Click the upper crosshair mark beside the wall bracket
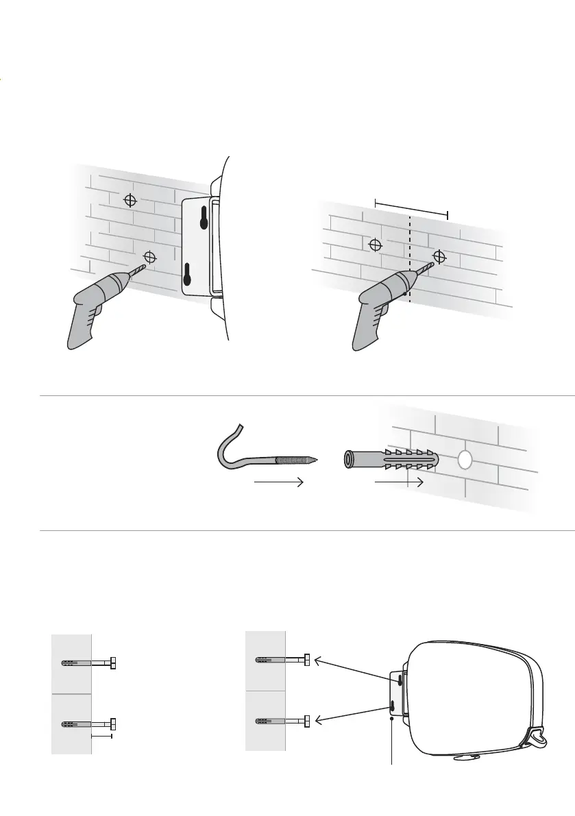[x=130, y=201]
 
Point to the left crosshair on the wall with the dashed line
[x=375, y=245]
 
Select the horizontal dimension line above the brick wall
[x=411, y=208]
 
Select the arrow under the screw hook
[x=278, y=484]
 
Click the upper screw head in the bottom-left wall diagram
[x=114, y=663]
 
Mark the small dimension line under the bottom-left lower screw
[x=101, y=737]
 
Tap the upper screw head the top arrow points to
[x=308, y=660]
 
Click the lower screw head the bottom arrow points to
[x=308, y=721]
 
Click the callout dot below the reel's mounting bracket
[x=391, y=719]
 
